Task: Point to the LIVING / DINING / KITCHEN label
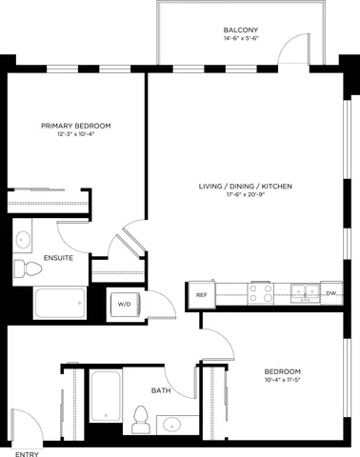(245, 187)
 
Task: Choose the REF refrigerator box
(201, 295)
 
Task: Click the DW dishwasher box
(330, 294)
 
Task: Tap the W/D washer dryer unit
(125, 305)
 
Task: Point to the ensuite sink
(24, 239)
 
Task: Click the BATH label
(161, 390)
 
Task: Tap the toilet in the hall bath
(141, 416)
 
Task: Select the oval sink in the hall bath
(172, 424)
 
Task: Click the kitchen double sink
(305, 292)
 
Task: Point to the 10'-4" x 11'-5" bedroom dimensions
(283, 381)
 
